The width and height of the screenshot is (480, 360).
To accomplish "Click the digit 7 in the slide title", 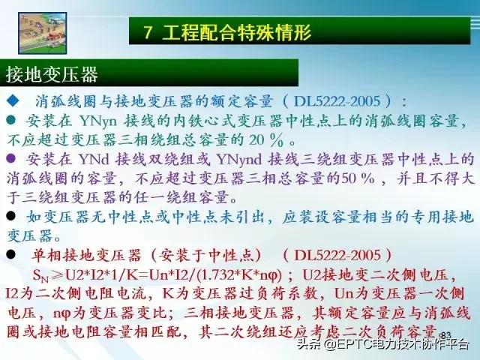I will click(x=149, y=31).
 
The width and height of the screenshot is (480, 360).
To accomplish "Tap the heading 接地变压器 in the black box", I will click(x=52, y=75).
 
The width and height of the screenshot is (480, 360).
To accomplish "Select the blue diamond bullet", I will click(x=12, y=100).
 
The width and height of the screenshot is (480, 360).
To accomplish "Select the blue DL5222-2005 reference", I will click(x=340, y=100).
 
